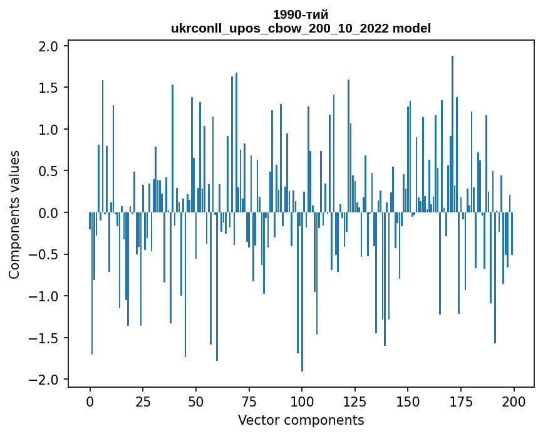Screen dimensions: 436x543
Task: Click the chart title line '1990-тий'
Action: [301, 14]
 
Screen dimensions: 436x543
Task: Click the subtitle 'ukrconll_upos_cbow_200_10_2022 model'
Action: [301, 28]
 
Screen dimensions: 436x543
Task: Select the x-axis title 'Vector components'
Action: [301, 420]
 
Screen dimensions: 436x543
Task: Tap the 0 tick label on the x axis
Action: [90, 400]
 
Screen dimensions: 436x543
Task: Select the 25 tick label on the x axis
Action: [143, 400]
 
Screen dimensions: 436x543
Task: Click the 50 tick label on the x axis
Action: [196, 400]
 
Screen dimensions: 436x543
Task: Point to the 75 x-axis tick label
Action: [249, 400]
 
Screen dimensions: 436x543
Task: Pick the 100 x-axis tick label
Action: [302, 400]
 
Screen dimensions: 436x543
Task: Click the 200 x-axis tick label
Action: [514, 400]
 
